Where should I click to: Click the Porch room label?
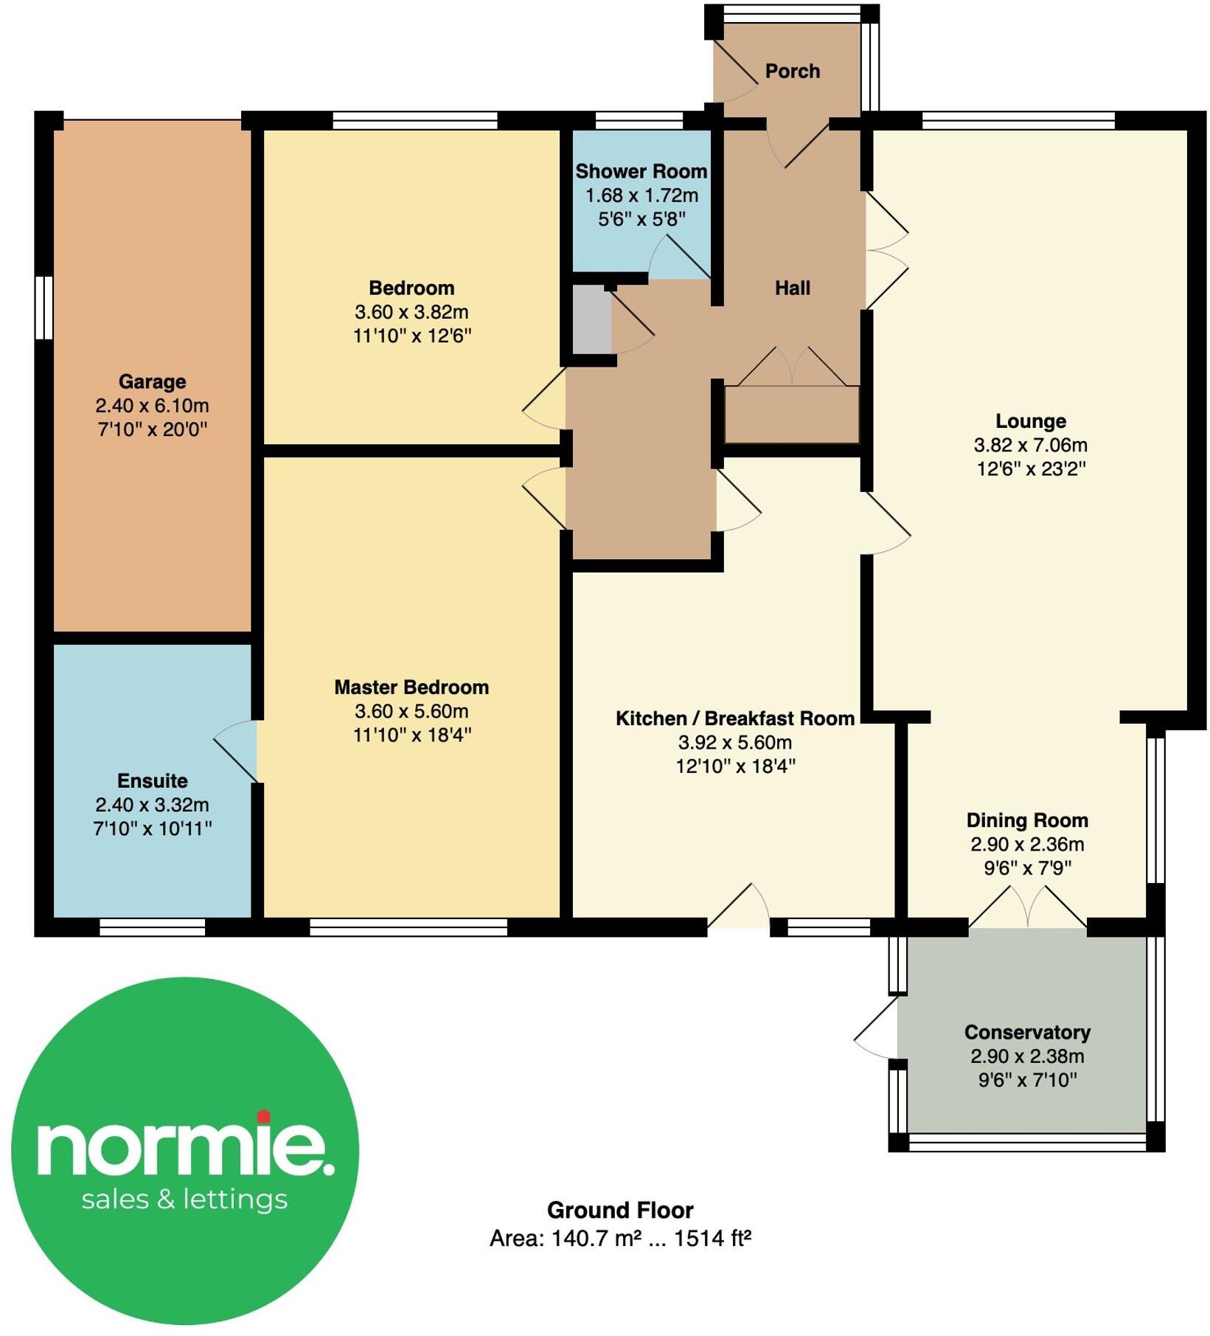tap(792, 71)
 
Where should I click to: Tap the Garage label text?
tap(152, 381)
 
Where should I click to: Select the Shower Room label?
tap(641, 171)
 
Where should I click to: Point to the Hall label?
tap(792, 288)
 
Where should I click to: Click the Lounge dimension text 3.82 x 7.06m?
tap(1030, 445)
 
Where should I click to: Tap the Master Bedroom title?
tap(411, 687)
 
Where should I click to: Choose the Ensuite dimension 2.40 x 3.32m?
tap(152, 804)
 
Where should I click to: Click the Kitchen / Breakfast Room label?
tap(734, 718)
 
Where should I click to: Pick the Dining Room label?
tap(1026, 820)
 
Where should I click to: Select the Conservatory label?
tap(1026, 1032)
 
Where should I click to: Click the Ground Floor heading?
tap(619, 1210)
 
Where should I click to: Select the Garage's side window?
tap(45, 308)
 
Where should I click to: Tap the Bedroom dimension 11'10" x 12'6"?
tap(411, 336)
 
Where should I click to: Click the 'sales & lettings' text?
tap(184, 1199)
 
